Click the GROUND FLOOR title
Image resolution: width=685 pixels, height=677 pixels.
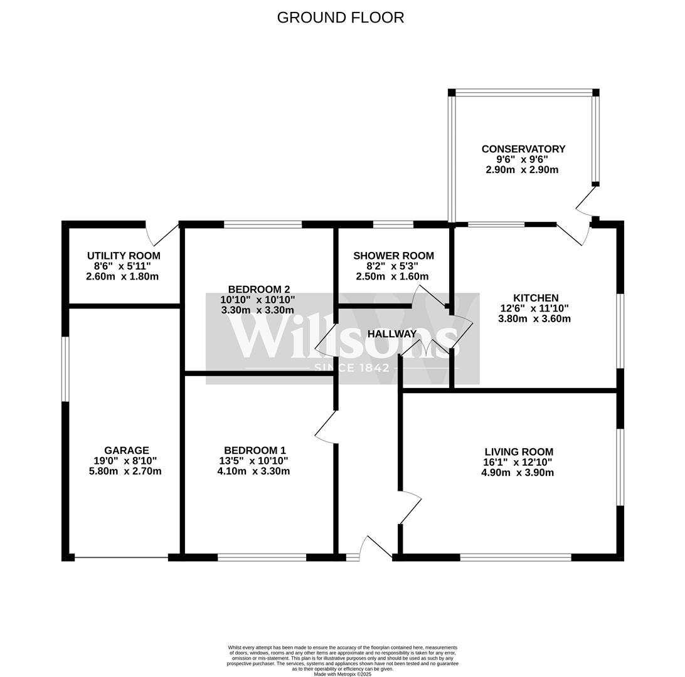coord(341,18)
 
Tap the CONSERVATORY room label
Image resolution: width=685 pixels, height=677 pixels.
coord(523,149)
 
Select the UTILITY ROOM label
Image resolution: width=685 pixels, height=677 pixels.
coord(124,256)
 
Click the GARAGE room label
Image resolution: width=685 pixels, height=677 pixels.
coord(126,450)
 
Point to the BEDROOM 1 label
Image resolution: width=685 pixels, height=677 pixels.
coord(255,450)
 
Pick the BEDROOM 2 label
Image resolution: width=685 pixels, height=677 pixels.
coord(258,289)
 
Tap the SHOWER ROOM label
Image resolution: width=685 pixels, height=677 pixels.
coord(393,256)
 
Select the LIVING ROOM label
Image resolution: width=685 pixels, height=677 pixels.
coord(518,451)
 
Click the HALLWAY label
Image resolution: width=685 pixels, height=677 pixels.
coord(392,333)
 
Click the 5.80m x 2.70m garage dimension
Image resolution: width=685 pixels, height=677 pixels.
coord(125,471)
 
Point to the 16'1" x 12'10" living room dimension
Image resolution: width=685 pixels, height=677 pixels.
coord(518,462)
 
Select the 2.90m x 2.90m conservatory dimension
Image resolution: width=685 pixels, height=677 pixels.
coord(522,170)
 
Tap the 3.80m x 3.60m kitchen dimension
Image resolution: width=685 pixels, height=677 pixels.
coord(534,318)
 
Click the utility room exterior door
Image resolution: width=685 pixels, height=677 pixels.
coord(161,234)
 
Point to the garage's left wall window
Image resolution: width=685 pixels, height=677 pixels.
coord(65,369)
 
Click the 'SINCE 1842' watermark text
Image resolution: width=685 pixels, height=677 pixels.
coord(352,367)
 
